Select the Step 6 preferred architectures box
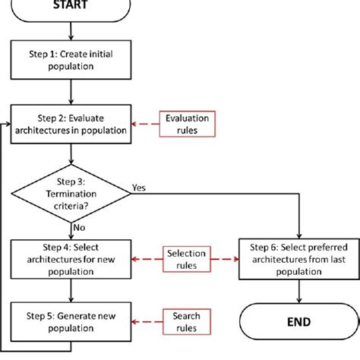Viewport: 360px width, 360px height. tap(297, 261)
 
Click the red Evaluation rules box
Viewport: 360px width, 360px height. tap(186, 125)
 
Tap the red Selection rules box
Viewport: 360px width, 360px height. tap(186, 260)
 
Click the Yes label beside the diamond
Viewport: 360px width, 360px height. tap(140, 185)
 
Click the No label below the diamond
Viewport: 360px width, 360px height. tap(80, 227)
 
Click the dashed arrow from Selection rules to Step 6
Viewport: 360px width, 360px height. tap(224, 260)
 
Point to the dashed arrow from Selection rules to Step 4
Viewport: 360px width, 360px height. tap(147, 260)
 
